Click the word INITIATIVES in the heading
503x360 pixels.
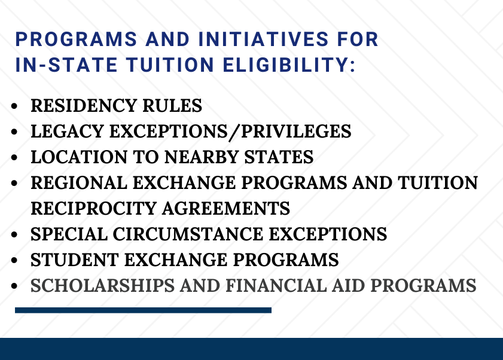pyautogui.click(x=263, y=39)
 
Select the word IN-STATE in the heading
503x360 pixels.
pyautogui.click(x=66, y=65)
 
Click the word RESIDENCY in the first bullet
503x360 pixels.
pyautogui.click(x=84, y=106)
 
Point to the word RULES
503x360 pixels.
pyautogui.click(x=172, y=106)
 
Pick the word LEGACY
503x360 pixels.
pyautogui.click(x=68, y=131)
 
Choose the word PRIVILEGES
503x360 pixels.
pyautogui.click(x=296, y=131)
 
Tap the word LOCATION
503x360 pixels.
pyautogui.click(x=79, y=157)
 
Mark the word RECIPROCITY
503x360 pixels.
pyautogui.click(x=94, y=208)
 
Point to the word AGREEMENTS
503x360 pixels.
pyautogui.click(x=226, y=208)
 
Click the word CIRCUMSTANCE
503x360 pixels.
pyautogui.click(x=188, y=234)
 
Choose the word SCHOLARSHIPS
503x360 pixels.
pyautogui.click(x=102, y=285)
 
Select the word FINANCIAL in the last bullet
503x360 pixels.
pyautogui.click(x=276, y=285)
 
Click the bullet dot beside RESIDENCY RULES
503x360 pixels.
pyautogui.click(x=14, y=106)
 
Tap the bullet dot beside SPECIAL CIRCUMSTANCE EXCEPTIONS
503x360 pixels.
pyautogui.click(x=14, y=234)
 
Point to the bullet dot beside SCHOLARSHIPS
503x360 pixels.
pyautogui.click(x=14, y=286)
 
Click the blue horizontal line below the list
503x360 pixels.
pyautogui.click(x=143, y=310)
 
